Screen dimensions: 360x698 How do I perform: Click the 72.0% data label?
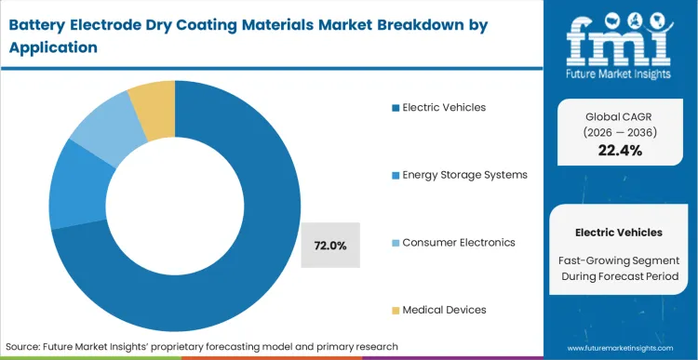330,246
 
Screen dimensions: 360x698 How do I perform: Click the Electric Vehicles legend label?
444,107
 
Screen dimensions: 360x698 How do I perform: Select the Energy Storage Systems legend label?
464,175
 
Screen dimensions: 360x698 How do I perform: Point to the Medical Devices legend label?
444,309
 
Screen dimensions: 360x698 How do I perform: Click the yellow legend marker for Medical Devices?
396,310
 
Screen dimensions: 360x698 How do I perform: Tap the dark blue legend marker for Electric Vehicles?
396,108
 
